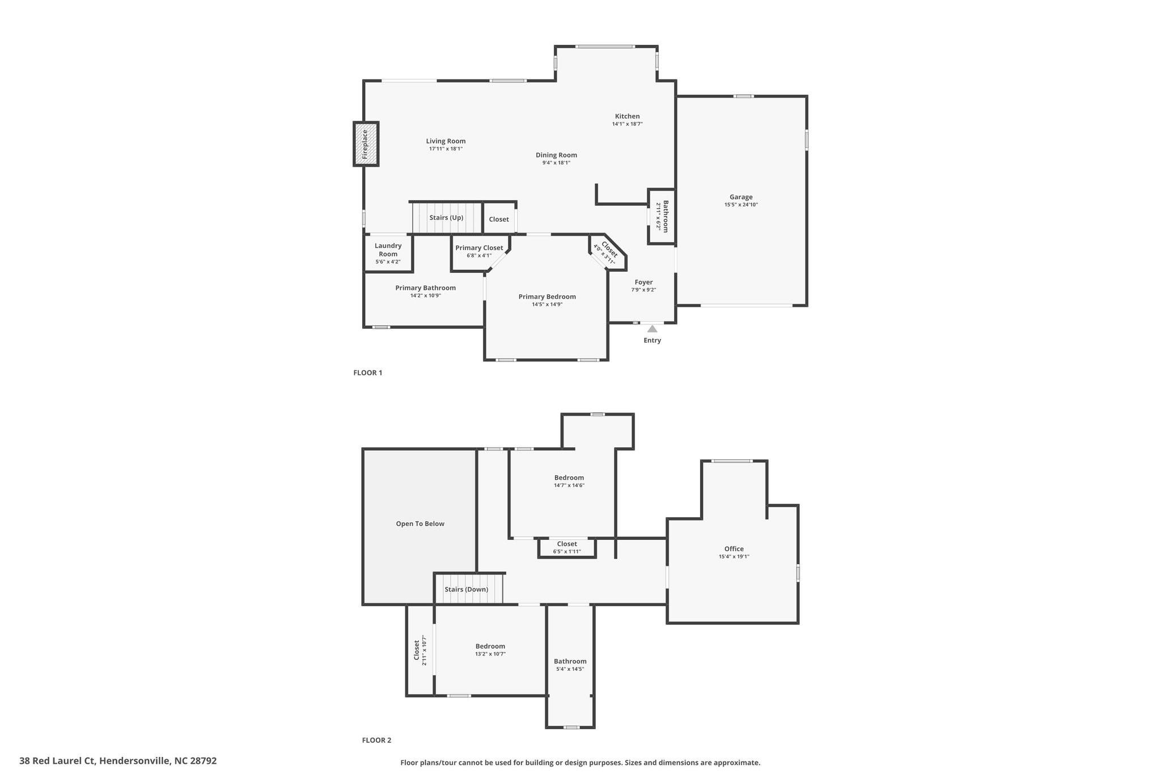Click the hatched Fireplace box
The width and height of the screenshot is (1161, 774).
coord(366,144)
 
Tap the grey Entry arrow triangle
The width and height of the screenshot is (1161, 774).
coord(652,328)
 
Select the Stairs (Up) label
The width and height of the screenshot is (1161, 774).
coord(446,218)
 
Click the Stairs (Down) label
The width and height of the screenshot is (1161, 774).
coord(466,589)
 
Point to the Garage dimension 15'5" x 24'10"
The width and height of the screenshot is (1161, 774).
coord(741,205)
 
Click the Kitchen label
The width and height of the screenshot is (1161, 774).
coord(627,116)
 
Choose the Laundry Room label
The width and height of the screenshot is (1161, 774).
coord(388,249)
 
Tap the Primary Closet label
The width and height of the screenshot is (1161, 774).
coord(479,248)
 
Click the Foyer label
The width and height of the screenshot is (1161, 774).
coord(643,282)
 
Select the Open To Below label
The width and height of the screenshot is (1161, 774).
coord(420,523)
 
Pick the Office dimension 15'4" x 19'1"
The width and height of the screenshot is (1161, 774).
coord(734,556)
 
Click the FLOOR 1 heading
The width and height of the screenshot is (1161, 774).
coord(368,373)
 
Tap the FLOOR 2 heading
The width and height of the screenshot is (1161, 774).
coord(376,740)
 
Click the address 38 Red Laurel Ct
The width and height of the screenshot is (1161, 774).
coord(57,761)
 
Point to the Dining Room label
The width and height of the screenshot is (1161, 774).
coord(556,155)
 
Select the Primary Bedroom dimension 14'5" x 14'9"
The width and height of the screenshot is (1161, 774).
coord(547,304)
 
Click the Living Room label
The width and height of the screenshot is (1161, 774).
coord(446,141)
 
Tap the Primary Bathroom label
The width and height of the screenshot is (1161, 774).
coord(426,287)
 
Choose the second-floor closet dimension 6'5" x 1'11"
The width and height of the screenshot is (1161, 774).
coord(567,551)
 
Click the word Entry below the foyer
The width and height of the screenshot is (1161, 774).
coord(652,340)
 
